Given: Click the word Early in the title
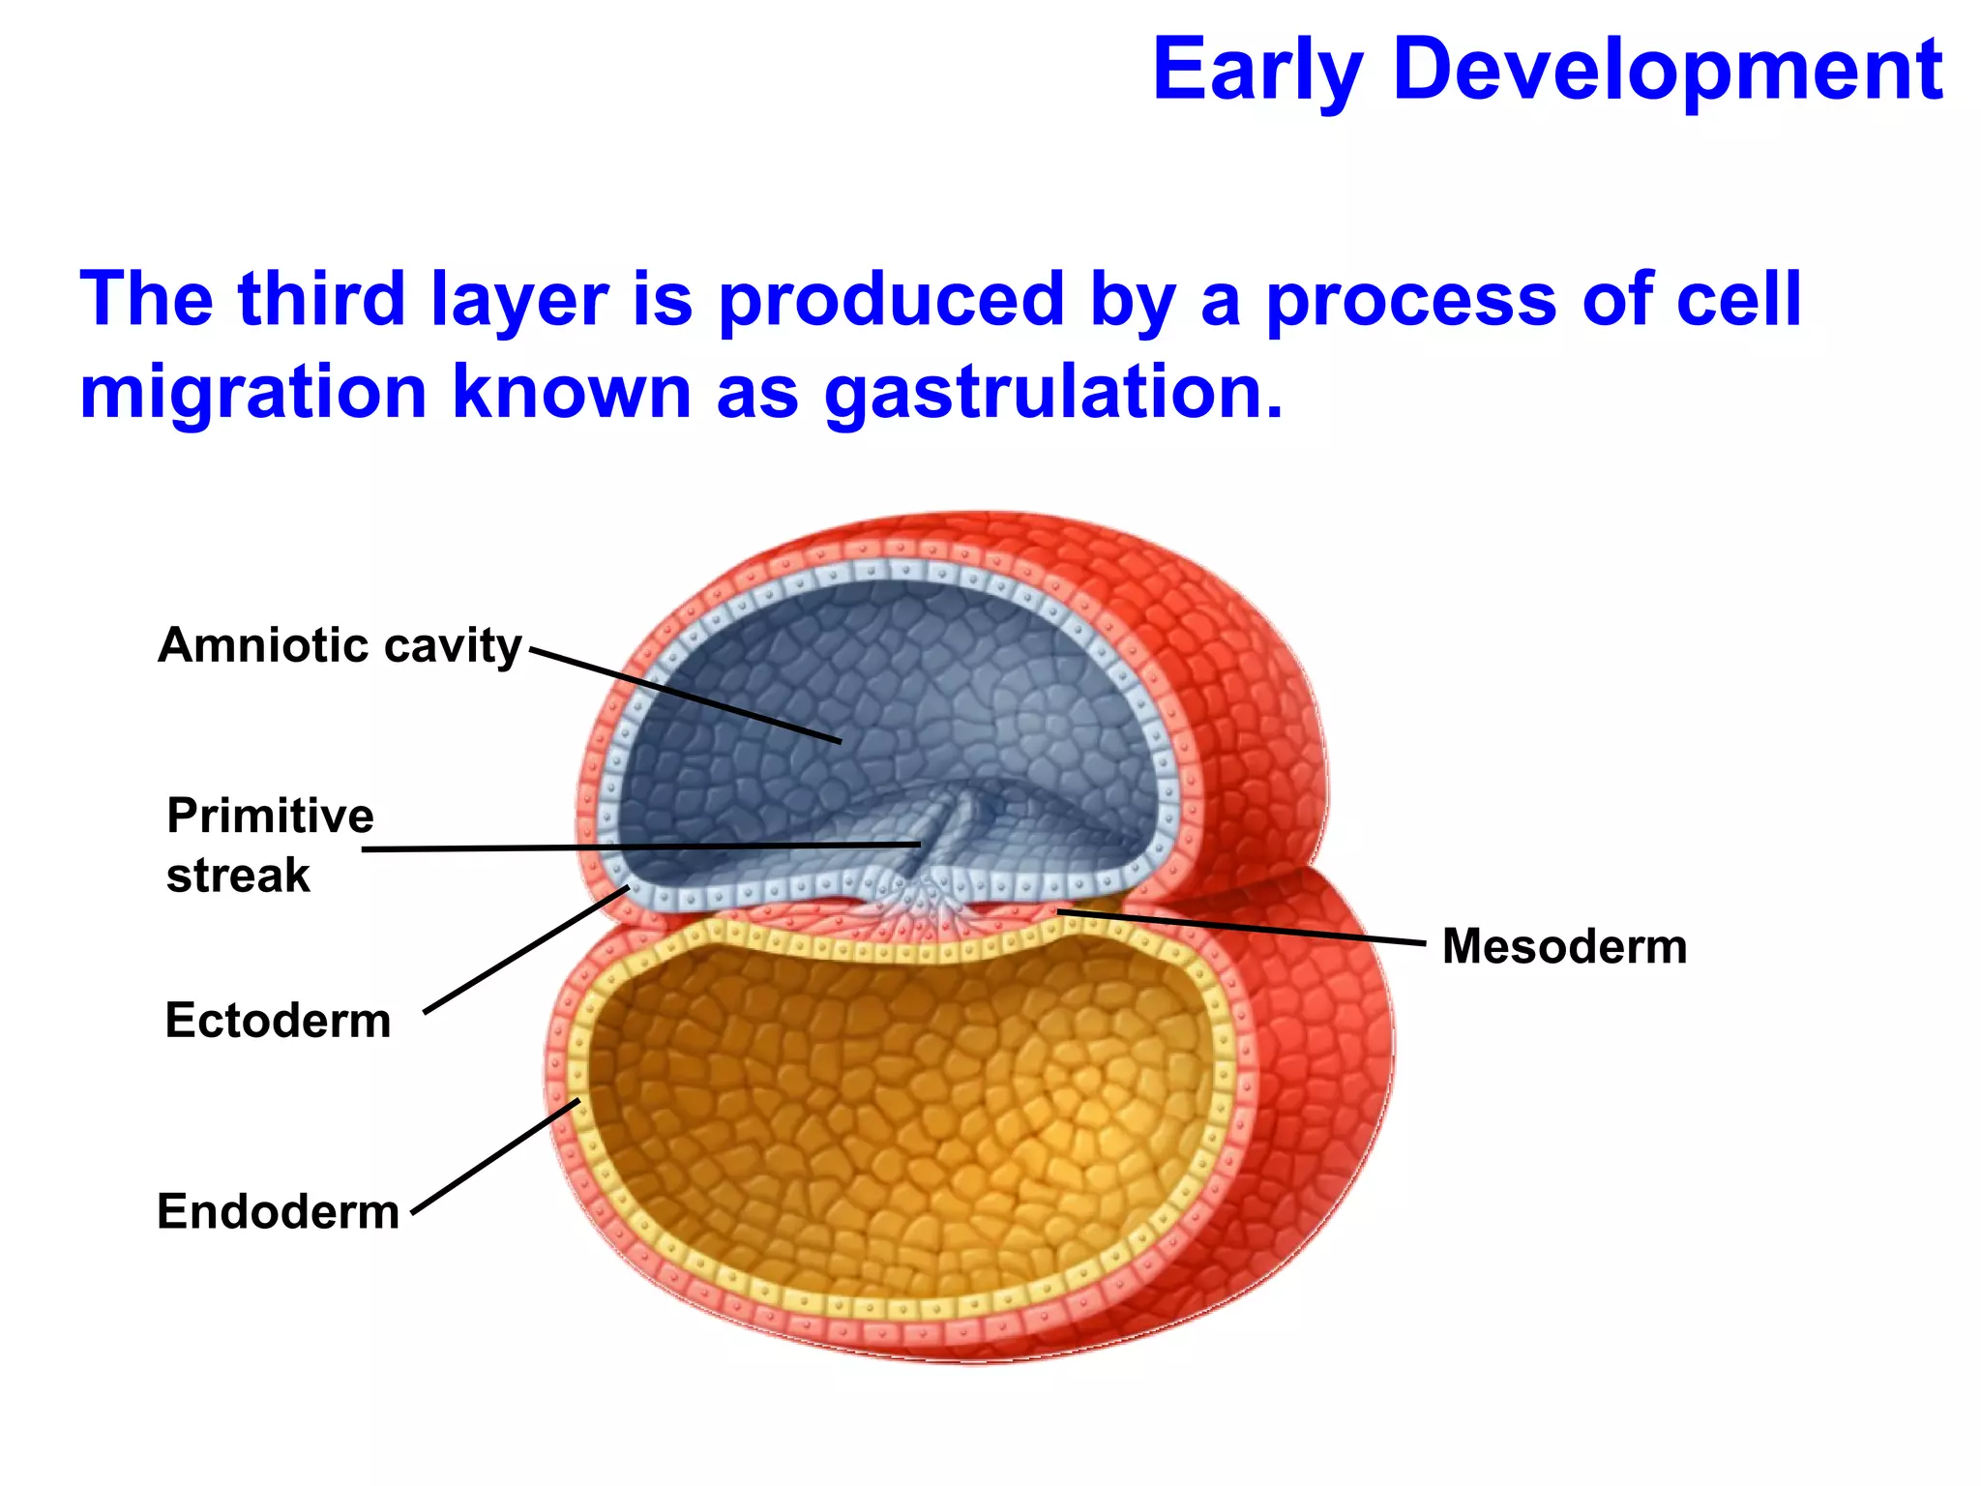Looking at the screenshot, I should [x=1257, y=70].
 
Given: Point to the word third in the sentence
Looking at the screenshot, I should [x=321, y=299].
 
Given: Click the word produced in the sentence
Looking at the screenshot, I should [x=891, y=301].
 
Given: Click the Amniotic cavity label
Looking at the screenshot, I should [x=340, y=645].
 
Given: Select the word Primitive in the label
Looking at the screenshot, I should [x=270, y=816].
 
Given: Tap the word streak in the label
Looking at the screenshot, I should [x=238, y=876].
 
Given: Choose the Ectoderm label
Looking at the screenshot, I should [x=278, y=1021].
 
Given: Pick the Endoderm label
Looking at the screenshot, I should [x=278, y=1211].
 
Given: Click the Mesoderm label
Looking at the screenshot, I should [x=1564, y=946].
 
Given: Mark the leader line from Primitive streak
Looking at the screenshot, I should [x=638, y=847].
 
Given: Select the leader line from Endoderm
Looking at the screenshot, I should [x=495, y=1156].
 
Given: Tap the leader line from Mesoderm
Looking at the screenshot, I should [x=1243, y=927].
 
